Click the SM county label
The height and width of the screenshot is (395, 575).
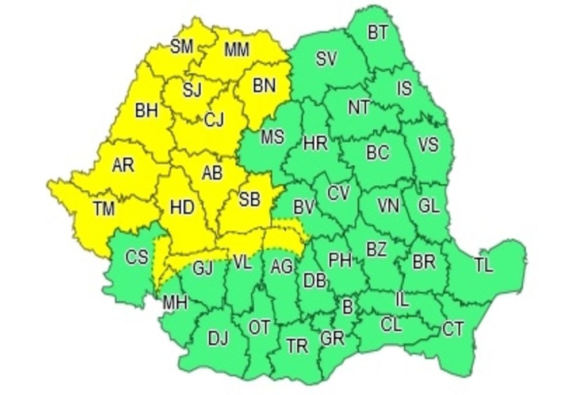pos(182,47)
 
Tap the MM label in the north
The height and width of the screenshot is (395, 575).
pos(236,50)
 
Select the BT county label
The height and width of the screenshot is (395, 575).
pos(378,33)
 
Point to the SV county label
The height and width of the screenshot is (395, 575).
pos(327,58)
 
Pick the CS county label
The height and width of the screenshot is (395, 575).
pos(137,258)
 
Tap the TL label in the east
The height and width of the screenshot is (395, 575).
pos(484,265)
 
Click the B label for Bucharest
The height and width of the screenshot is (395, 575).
pos(347,307)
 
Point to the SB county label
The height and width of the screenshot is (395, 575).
pos(250,200)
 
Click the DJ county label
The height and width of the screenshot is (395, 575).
pos(218,339)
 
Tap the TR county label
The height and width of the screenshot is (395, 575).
pos(297,346)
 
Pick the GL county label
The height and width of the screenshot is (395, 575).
pos(429,207)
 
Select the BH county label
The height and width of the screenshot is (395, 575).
pos(147,111)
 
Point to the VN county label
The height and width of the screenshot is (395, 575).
pos(388,205)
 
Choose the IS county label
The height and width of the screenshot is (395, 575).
pos(405,88)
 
